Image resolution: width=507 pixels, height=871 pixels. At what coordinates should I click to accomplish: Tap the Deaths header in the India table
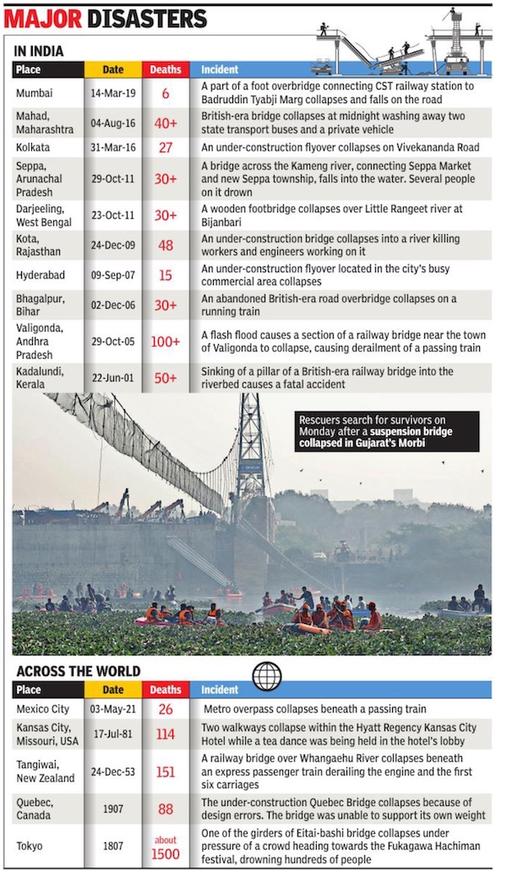click(166, 69)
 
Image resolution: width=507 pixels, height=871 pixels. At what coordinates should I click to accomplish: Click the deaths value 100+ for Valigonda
click(166, 342)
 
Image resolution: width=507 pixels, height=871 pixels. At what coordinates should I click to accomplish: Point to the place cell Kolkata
click(33, 147)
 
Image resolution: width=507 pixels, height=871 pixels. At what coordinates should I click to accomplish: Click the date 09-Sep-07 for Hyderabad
click(113, 276)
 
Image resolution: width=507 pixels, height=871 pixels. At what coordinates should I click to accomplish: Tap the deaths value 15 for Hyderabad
click(166, 276)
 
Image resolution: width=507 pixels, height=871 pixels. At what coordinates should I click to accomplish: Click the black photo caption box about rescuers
click(387, 431)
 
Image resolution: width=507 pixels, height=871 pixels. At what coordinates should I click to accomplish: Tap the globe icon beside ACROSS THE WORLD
click(267, 676)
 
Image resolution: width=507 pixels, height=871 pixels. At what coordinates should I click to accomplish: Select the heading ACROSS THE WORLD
click(77, 671)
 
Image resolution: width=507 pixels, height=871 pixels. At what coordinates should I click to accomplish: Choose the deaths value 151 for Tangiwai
click(166, 771)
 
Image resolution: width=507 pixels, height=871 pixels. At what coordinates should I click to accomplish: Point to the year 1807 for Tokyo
click(113, 846)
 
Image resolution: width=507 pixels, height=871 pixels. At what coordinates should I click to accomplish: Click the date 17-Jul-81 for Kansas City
click(113, 735)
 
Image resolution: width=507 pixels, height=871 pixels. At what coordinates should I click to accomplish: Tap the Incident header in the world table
click(220, 690)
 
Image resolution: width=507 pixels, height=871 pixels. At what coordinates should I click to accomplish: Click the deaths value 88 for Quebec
click(166, 809)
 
